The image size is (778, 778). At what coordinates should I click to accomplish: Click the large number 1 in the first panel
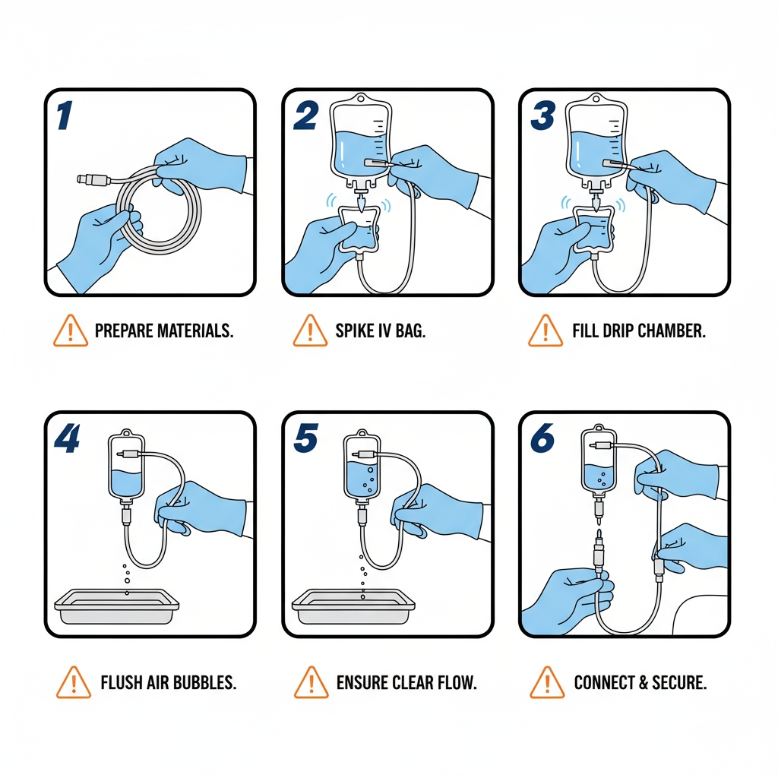click(x=65, y=115)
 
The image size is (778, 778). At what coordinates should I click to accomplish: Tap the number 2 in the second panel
click(x=305, y=115)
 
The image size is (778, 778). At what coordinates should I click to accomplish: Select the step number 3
click(x=542, y=115)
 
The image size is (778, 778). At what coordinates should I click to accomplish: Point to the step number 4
click(x=67, y=438)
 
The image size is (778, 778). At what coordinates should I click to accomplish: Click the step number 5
click(x=305, y=438)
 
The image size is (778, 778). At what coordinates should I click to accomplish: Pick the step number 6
click(x=542, y=438)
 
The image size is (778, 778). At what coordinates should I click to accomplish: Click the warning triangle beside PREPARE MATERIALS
click(x=71, y=330)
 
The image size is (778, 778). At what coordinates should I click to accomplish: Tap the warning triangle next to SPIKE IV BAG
click(x=310, y=330)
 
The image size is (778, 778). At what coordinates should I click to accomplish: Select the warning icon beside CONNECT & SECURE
click(x=547, y=682)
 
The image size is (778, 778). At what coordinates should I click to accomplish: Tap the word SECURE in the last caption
click(x=679, y=683)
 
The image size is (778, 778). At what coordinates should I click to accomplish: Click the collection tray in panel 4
click(x=116, y=606)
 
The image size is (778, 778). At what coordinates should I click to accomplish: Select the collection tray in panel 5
click(x=353, y=606)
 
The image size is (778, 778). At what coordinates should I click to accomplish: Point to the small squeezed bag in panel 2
click(x=359, y=229)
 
